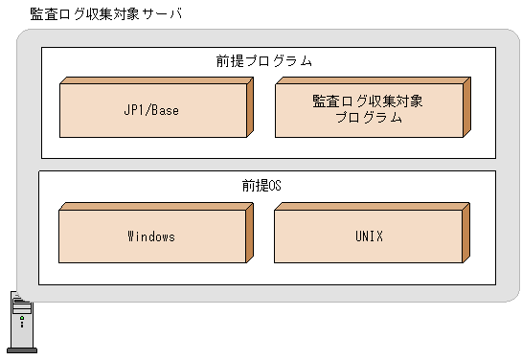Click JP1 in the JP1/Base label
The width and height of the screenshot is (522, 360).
click(x=134, y=110)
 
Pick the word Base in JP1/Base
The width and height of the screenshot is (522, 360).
click(x=164, y=110)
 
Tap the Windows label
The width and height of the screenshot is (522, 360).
click(x=151, y=236)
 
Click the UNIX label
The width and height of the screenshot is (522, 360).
click(x=369, y=236)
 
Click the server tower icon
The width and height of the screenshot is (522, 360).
click(x=20, y=323)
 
